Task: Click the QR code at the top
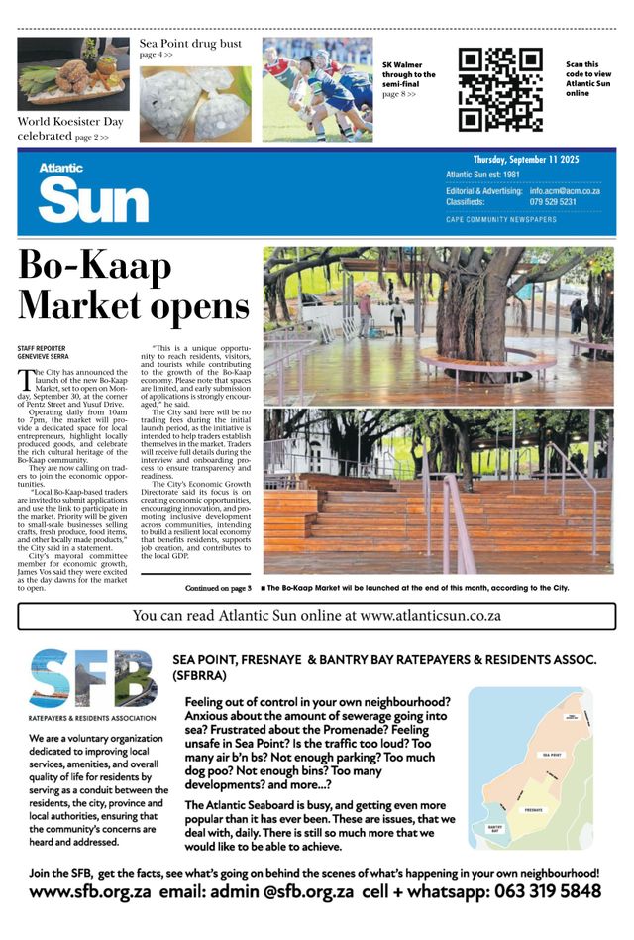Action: coord(500,89)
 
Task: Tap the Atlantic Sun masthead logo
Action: coord(93,195)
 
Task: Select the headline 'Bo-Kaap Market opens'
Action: coord(133,285)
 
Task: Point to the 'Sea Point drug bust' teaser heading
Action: coord(190,44)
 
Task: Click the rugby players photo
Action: coord(317,89)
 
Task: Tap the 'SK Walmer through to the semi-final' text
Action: coord(408,74)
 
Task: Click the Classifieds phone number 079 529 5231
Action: coord(553,201)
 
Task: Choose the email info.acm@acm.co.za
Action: coord(565,189)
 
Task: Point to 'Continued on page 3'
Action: coord(218,588)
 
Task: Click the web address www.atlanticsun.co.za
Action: coord(431,615)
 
